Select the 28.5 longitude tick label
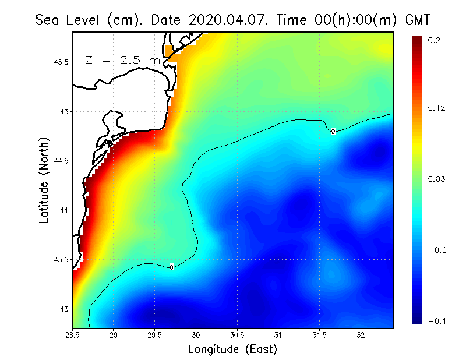(73, 335)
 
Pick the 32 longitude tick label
(361, 335)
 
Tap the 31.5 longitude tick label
(319, 335)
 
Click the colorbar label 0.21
(437, 40)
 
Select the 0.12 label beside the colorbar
(437, 108)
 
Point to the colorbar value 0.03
(437, 179)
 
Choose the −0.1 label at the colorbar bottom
(436, 321)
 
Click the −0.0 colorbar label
(436, 250)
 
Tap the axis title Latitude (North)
(44, 180)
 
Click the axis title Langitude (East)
(232, 349)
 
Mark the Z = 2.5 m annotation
(122, 60)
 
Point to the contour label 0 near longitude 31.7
(333, 132)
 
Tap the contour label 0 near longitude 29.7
(171, 267)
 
